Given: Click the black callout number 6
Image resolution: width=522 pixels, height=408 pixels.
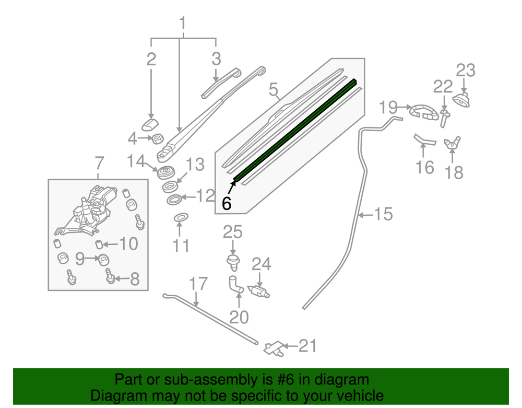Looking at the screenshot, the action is pyautogui.click(x=227, y=203).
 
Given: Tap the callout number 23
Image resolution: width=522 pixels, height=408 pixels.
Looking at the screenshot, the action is pyautogui.click(x=466, y=71).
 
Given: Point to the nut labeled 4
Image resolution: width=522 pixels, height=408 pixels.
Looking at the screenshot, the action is pyautogui.click(x=158, y=138).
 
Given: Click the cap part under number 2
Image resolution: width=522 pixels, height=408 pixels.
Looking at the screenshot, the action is pyautogui.click(x=150, y=124).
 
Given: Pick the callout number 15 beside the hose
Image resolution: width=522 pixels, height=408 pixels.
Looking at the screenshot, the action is pyautogui.click(x=384, y=214).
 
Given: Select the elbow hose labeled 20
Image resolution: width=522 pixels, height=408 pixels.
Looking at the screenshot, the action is pyautogui.click(x=235, y=285).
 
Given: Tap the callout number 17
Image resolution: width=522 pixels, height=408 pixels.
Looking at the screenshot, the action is pyautogui.click(x=198, y=284).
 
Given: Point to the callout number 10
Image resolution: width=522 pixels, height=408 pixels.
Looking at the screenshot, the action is pyautogui.click(x=128, y=244).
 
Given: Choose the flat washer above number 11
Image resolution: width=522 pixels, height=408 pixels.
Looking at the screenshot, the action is pyautogui.click(x=181, y=217).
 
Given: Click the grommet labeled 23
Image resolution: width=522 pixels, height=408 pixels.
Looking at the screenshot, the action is pyautogui.click(x=461, y=100).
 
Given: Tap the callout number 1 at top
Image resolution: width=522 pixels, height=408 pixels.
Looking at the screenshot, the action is pyautogui.click(x=182, y=24).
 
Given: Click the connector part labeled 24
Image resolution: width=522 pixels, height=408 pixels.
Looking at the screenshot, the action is pyautogui.click(x=259, y=291).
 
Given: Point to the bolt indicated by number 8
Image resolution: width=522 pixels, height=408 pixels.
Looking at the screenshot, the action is pyautogui.click(x=111, y=276).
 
